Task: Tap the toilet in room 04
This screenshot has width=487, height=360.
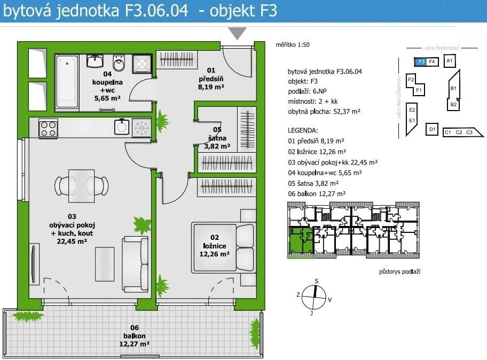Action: coord(121,64)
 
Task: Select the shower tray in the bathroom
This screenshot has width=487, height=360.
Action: coord(142,64)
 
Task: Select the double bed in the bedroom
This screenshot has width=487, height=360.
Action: coord(223,248)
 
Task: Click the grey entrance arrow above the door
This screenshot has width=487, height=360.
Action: coord(237,33)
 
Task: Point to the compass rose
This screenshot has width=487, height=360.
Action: coord(314,296)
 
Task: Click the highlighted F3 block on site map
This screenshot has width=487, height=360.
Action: coord(421,61)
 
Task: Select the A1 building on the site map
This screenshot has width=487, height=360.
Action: coord(450,61)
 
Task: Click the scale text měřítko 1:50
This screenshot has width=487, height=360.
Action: coord(293,45)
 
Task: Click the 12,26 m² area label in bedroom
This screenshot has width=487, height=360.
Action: coord(214,254)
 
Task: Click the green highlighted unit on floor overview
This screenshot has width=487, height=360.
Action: coord(300,240)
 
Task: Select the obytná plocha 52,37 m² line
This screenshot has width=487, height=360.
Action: coord(324,112)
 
